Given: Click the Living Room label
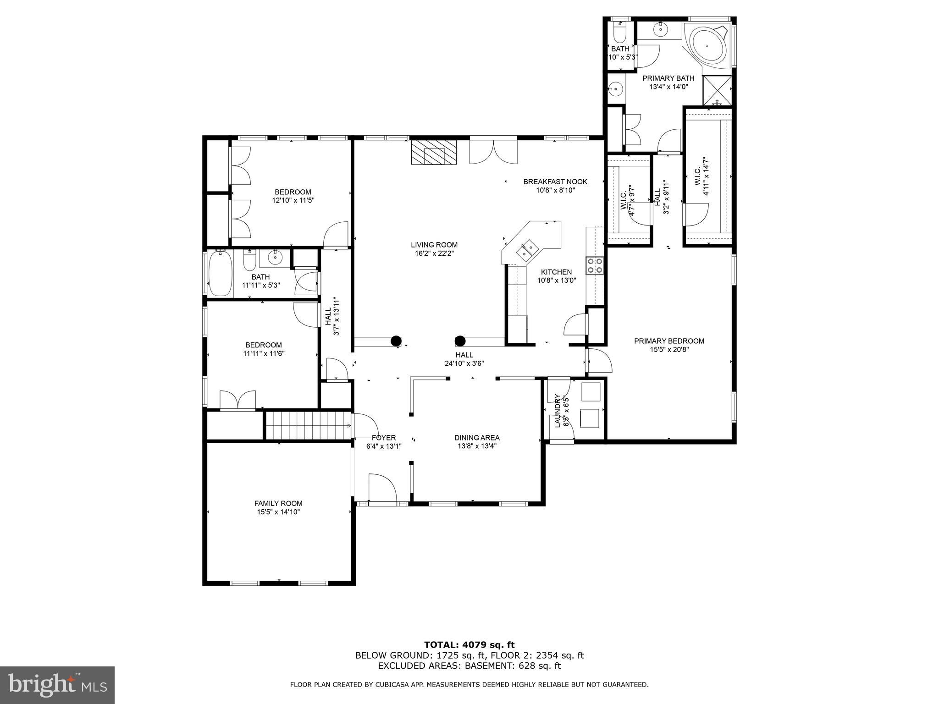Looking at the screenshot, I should [x=434, y=245].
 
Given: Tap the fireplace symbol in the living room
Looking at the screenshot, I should [x=434, y=153].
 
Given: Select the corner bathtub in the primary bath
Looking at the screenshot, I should [x=707, y=46].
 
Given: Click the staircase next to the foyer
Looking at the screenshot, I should [x=307, y=425].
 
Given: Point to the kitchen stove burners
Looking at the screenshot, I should [x=594, y=266].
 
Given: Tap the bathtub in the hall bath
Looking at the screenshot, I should [x=220, y=274].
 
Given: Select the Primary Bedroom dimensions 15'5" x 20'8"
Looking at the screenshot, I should [x=669, y=349].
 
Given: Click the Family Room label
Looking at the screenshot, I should [x=278, y=503].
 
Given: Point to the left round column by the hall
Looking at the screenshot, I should [x=395, y=341].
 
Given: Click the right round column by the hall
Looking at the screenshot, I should [x=460, y=341].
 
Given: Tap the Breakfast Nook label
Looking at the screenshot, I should [x=555, y=181].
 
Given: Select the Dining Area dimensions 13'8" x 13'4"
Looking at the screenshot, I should [x=477, y=446].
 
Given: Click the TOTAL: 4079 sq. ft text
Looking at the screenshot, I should [x=469, y=645].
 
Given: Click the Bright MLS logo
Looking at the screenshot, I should [x=57, y=685].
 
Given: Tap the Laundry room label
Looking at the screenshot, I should [x=558, y=411].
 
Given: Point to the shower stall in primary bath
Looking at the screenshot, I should [x=717, y=89].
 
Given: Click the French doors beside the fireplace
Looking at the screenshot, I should [x=493, y=152].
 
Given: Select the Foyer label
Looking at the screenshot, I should [x=384, y=438].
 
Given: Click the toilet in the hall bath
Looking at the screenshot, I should [x=249, y=262].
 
